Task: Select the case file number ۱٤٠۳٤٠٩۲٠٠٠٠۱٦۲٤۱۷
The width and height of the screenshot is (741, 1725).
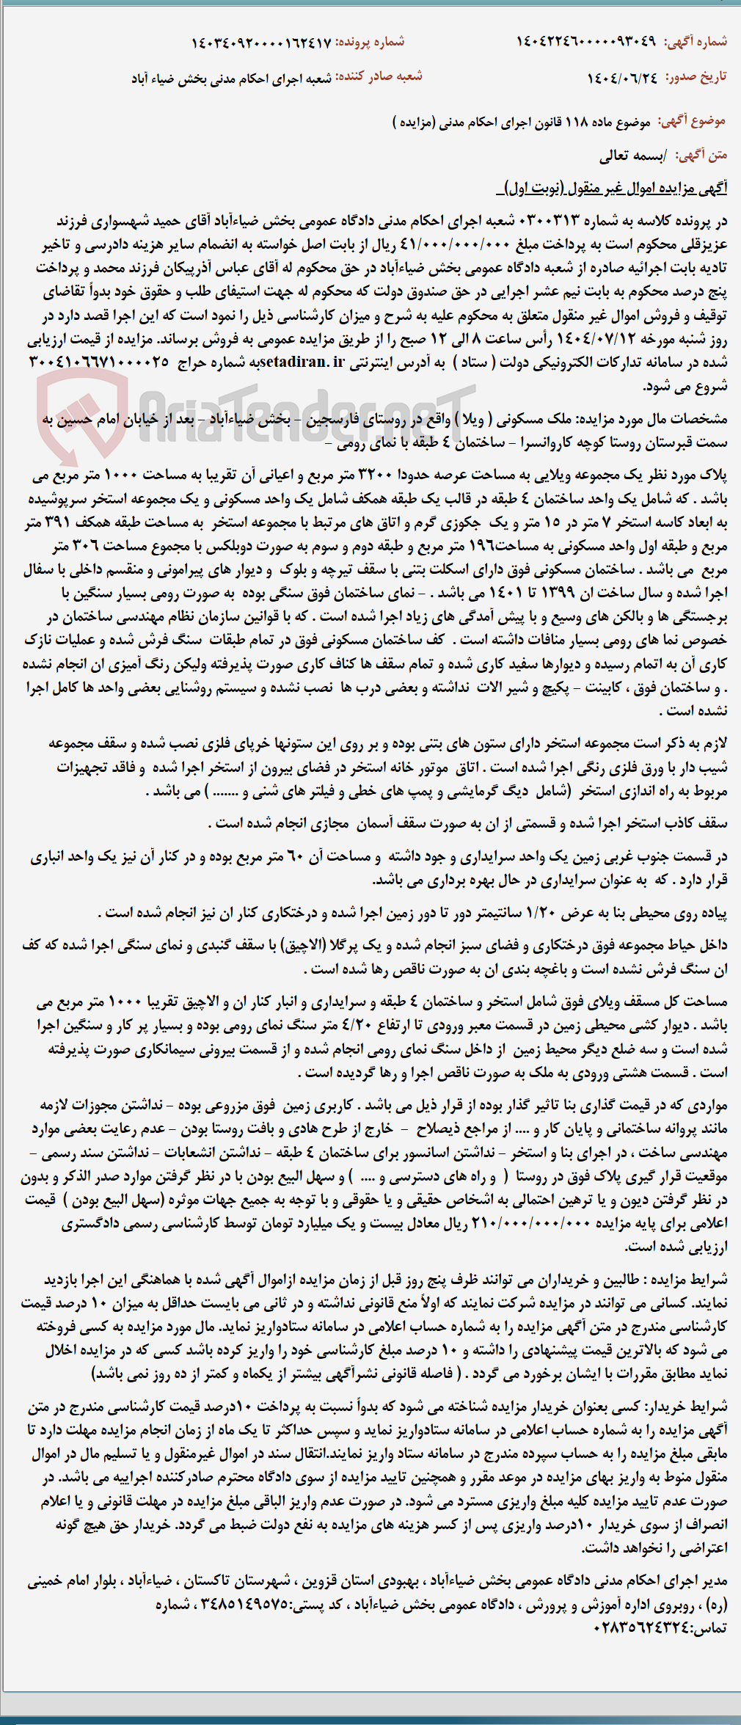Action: click(x=261, y=43)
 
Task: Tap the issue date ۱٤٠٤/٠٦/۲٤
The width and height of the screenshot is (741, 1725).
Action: click(x=622, y=77)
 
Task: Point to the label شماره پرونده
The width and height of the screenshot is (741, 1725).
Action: click(x=370, y=43)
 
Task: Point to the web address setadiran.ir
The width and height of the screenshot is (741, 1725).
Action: click(x=302, y=362)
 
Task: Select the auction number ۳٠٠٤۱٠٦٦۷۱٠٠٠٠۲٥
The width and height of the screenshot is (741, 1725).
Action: click(x=98, y=362)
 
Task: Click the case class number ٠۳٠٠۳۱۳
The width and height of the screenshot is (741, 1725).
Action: click(x=549, y=221)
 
